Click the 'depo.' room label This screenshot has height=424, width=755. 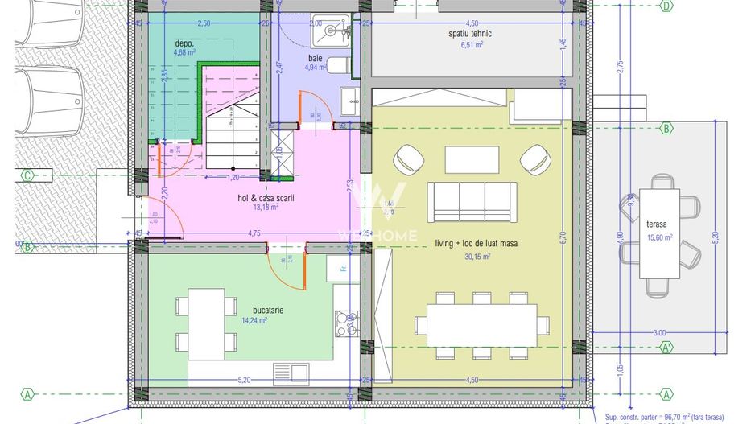click(x=185, y=43)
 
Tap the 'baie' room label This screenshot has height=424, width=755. click(x=316, y=58)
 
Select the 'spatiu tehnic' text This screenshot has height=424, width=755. click(x=470, y=34)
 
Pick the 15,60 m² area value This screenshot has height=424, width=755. click(x=661, y=237)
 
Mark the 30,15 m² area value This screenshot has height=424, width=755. click(x=477, y=257)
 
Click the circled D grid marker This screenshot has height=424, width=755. click(x=666, y=6)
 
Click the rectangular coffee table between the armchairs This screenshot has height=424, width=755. click(x=472, y=158)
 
